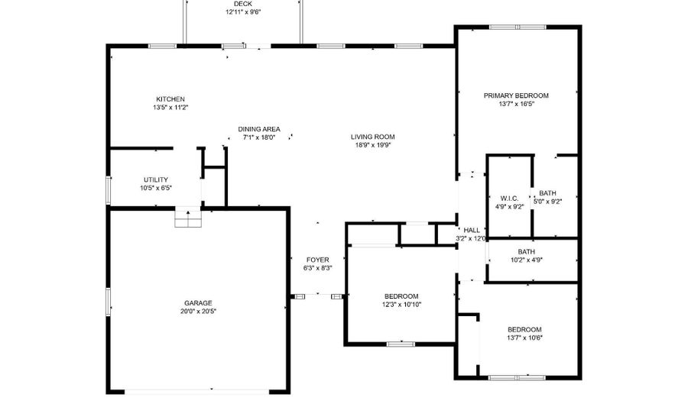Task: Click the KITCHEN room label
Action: point(170,99)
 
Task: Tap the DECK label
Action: point(243,4)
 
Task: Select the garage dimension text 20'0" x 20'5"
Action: point(198,312)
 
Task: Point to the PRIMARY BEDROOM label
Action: point(516,95)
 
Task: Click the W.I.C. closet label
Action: point(509,199)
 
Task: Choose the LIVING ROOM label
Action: point(372,137)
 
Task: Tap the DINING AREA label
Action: point(259,129)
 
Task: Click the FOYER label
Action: point(318,260)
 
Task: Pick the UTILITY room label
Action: point(156,179)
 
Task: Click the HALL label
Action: point(472,231)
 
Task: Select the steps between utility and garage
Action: point(188,217)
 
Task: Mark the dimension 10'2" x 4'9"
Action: point(526,260)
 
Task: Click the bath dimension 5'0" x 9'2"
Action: point(547,202)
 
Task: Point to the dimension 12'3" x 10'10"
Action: point(401,305)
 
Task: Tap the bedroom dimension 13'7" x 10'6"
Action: point(524,338)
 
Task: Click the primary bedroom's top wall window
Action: point(518,27)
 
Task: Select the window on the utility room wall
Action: point(109,190)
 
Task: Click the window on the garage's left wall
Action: point(108,302)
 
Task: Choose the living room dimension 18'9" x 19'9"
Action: point(372,145)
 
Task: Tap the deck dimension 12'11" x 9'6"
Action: point(243,12)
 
